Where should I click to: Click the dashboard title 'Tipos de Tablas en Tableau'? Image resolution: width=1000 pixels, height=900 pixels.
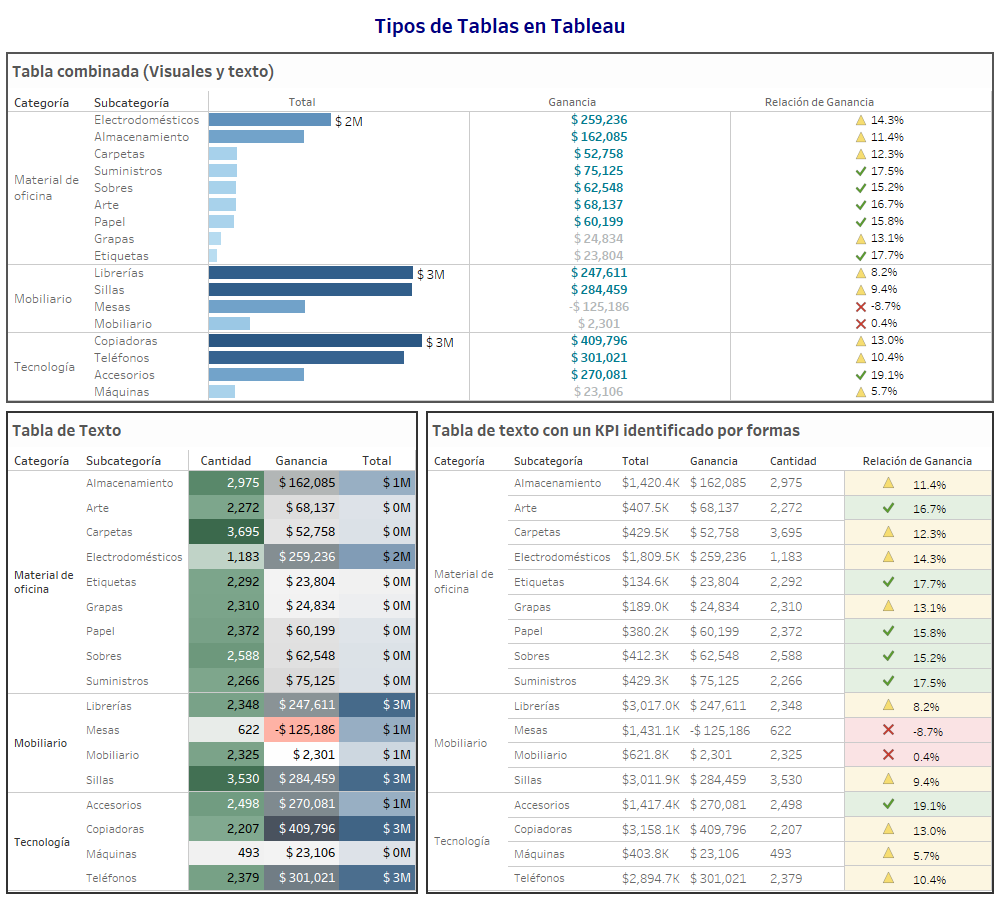(x=499, y=26)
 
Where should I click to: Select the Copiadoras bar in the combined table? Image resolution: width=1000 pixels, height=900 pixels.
(x=315, y=341)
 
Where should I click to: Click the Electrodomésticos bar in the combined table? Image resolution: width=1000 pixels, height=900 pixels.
(x=269, y=120)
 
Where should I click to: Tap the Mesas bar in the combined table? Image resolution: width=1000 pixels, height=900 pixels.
(x=256, y=307)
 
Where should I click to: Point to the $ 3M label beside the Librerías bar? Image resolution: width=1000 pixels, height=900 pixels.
(x=431, y=273)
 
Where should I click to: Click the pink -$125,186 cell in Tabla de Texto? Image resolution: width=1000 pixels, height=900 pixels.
(x=301, y=730)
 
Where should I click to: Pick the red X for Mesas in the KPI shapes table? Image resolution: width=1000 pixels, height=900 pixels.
(x=887, y=730)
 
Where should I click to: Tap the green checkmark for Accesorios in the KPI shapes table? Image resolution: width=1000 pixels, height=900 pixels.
(x=887, y=804)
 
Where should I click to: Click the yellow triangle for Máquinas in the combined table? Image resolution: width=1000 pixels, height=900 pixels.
(x=860, y=392)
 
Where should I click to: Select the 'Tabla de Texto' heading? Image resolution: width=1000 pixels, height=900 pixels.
(x=66, y=430)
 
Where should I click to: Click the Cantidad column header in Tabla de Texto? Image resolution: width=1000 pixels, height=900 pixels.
(x=226, y=461)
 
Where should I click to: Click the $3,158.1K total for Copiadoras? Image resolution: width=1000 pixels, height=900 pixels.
(x=651, y=829)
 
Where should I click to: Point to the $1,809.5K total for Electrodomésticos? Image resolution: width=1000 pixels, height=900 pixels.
(x=651, y=557)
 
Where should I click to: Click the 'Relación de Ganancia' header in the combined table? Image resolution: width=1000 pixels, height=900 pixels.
(x=819, y=102)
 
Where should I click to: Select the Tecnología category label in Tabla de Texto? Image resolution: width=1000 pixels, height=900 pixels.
(x=42, y=842)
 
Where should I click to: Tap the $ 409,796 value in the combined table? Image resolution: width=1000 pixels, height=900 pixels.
(x=599, y=341)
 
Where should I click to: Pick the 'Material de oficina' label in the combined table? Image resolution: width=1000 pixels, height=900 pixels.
(x=46, y=188)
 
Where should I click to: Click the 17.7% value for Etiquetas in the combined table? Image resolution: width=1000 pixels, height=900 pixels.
(x=886, y=256)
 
